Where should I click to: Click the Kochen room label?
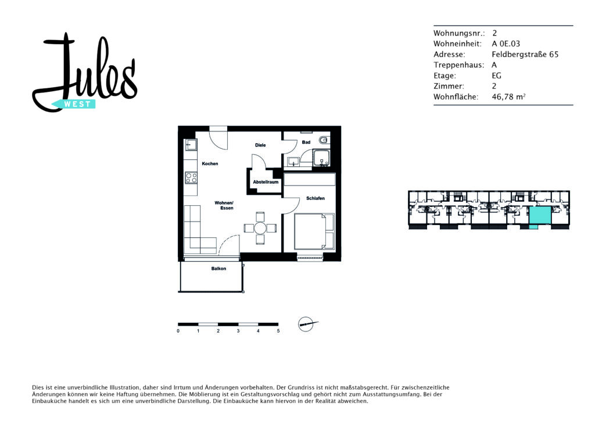point(210,163)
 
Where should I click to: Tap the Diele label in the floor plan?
point(260,145)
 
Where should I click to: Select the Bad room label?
point(306,142)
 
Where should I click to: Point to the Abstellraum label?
point(266,182)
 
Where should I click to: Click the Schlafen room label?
point(316,198)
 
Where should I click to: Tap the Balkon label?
point(218,269)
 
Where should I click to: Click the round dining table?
point(260,228)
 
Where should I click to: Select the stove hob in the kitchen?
point(191,177)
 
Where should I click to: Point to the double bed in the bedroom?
point(314,231)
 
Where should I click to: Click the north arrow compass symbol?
point(307,324)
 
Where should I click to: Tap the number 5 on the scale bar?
point(278,331)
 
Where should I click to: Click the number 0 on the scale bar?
point(178,331)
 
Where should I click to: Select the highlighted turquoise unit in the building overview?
point(540,215)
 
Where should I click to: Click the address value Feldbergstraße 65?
point(525,54)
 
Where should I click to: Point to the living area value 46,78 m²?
point(508,97)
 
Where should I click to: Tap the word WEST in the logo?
point(77,105)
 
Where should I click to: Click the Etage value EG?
point(496,76)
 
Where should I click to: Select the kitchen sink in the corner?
point(191,145)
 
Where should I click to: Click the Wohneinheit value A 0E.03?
point(506,44)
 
